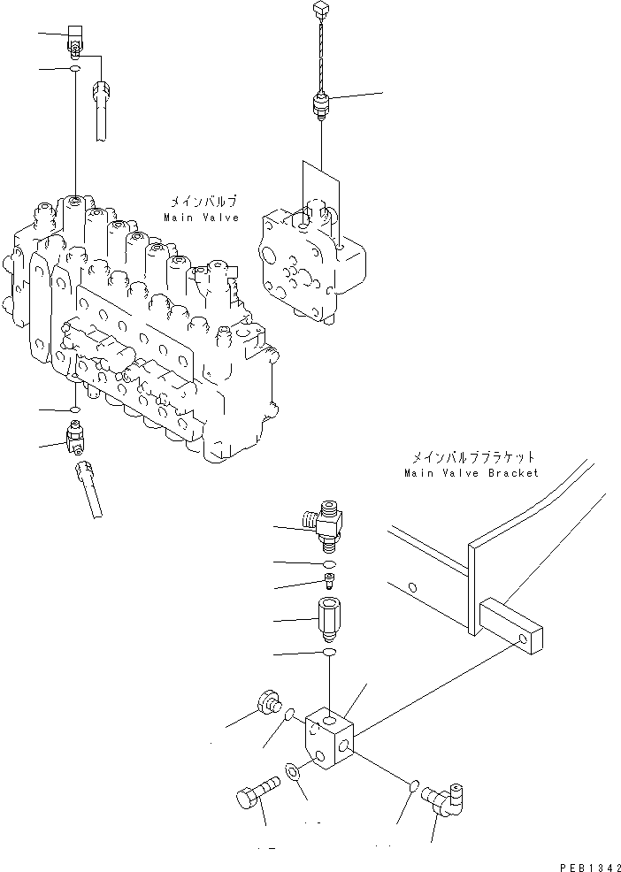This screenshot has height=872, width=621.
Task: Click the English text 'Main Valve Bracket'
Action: coord(471,473)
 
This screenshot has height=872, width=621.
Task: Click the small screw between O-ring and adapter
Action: coord(328,580)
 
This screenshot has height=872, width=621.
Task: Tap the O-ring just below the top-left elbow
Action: coord(75,68)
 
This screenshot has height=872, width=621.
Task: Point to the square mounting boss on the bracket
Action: coord(511,625)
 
